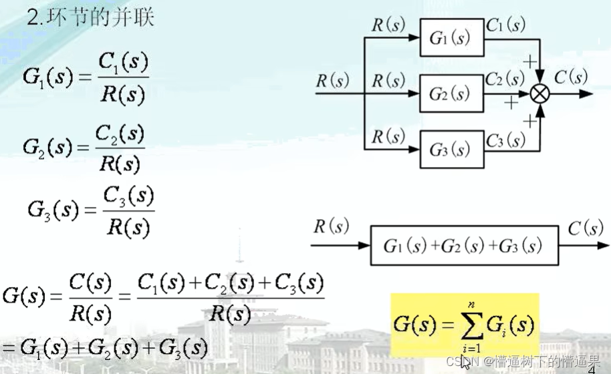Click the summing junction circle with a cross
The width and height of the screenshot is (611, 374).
(539, 94)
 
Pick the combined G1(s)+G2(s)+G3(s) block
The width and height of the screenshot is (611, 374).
(463, 245)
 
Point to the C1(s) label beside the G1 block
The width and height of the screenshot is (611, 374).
(505, 25)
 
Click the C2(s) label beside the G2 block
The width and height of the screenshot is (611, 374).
(505, 79)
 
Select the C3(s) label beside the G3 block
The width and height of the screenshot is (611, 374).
(505, 140)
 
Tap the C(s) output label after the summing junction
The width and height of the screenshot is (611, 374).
(570, 77)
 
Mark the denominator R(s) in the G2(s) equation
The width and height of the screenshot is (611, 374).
(118, 164)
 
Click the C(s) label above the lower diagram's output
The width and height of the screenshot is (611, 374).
(586, 229)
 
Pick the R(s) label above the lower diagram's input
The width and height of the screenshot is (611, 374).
(331, 227)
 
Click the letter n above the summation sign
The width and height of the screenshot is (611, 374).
(471, 305)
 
